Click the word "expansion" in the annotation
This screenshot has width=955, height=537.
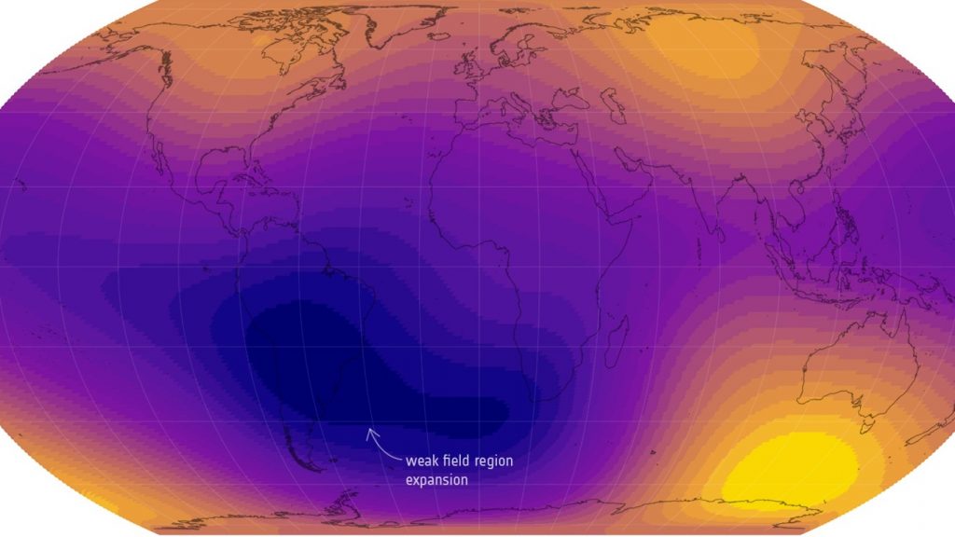[436, 480]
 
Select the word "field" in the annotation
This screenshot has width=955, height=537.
[457, 461]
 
